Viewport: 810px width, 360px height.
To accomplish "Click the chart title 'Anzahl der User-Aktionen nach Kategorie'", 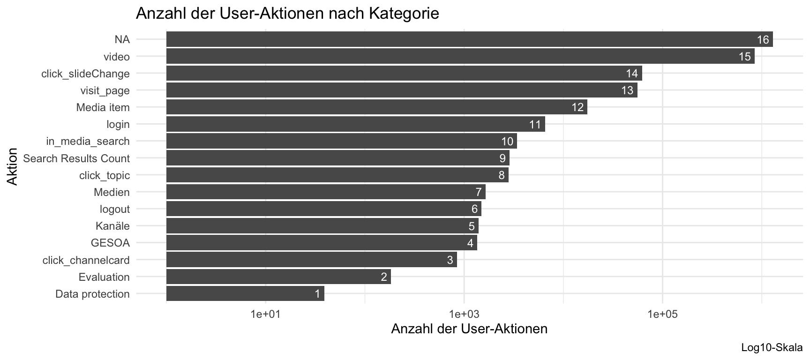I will [x=287, y=13].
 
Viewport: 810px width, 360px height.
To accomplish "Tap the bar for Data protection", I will [x=245, y=294].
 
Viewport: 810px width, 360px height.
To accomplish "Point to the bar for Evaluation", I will [x=278, y=277].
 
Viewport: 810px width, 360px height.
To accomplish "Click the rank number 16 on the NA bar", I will [x=763, y=40].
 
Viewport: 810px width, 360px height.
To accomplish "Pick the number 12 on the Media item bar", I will [x=577, y=107].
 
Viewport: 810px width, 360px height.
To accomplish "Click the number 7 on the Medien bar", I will [x=479, y=192].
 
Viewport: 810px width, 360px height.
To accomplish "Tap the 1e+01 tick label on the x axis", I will [x=265, y=315].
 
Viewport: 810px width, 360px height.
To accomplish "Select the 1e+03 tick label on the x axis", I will [x=464, y=315].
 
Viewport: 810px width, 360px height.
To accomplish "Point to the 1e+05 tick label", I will [x=662, y=315].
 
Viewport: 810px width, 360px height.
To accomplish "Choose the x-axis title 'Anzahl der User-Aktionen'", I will [x=469, y=329].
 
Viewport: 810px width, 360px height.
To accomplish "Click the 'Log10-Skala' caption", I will [x=772, y=348].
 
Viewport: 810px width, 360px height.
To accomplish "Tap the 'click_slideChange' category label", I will [x=85, y=74].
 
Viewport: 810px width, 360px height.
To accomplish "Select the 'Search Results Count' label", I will [x=76, y=158].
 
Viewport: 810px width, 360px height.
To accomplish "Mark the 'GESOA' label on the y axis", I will [x=110, y=243].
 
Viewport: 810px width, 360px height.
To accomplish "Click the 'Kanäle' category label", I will [x=112, y=226].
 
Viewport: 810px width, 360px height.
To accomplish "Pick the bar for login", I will [x=355, y=124].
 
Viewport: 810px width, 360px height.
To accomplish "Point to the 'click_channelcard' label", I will [x=86, y=260].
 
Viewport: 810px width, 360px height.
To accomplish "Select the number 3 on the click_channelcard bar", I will [x=450, y=260].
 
